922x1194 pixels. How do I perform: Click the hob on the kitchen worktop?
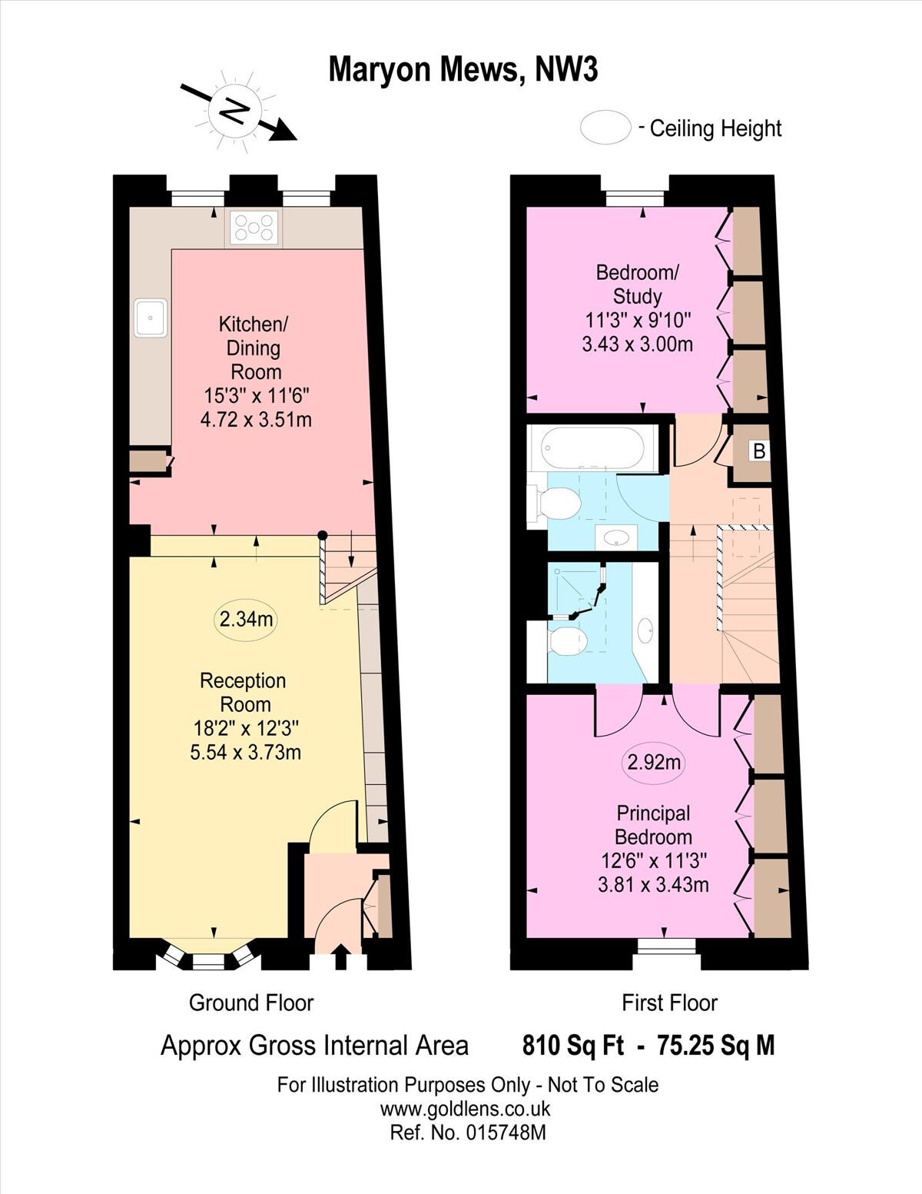pos(254,228)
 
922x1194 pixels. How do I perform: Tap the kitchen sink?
pos(151,317)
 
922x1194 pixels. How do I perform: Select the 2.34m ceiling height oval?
pos(245,619)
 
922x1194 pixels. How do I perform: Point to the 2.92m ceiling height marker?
pos(654,762)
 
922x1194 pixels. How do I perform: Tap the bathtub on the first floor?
pos(592,448)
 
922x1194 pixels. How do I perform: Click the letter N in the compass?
pos(234,112)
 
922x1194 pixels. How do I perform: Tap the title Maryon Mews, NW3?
pos(463,70)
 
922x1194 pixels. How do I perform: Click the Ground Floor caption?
pos(251,1003)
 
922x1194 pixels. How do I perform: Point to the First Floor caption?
pos(669,1003)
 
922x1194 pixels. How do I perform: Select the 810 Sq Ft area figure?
pos(572,1045)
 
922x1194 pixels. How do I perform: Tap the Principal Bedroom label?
pos(654,825)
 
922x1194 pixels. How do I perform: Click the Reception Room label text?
pos(244,692)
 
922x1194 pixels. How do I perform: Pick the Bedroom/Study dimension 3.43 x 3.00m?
pos(637,344)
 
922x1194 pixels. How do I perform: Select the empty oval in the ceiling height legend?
pos(605,128)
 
